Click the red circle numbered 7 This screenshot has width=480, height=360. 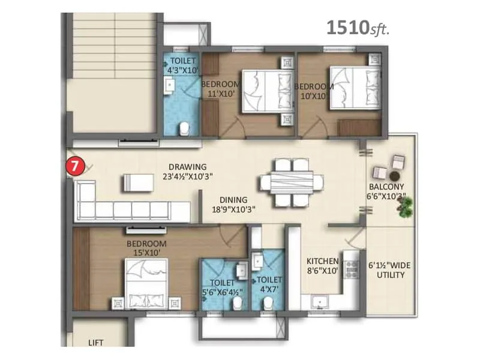[x=74, y=166]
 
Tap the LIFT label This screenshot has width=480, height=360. [x=96, y=343]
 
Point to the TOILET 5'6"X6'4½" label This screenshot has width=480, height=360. [x=223, y=288]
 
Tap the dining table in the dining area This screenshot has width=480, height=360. [x=287, y=182]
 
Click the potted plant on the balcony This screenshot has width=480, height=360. [x=406, y=207]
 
